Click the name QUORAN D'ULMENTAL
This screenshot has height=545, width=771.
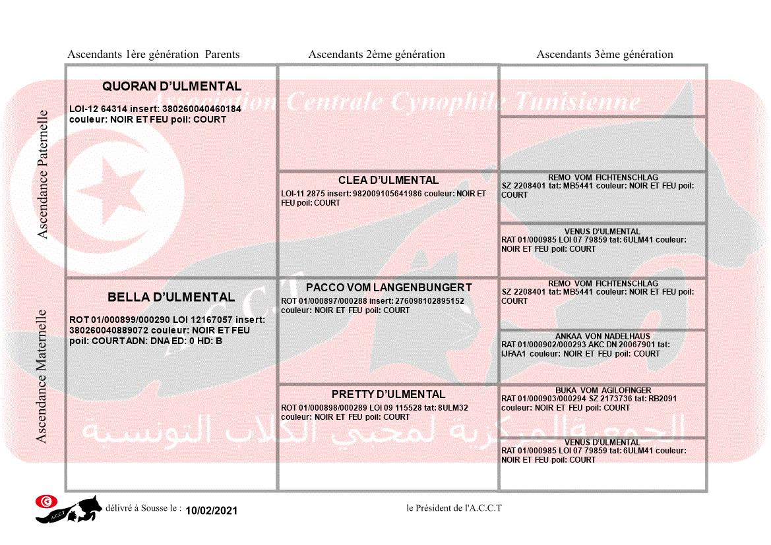pyautogui.click(x=171, y=86)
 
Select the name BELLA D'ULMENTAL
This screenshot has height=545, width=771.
pyautogui.click(x=171, y=297)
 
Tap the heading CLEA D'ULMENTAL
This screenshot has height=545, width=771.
pyautogui.click(x=388, y=180)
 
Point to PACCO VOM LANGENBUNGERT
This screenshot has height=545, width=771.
pyautogui.click(x=388, y=287)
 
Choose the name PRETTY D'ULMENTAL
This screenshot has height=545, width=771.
pyautogui.click(x=388, y=394)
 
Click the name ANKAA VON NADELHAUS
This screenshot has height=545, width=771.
pyautogui.click(x=603, y=336)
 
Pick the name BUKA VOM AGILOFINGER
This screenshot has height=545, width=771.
pyautogui.click(x=603, y=390)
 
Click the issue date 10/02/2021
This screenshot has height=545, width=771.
pyautogui.click(x=211, y=511)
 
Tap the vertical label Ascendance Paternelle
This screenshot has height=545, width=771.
pyautogui.click(x=43, y=174)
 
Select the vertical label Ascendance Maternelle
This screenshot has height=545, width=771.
pyautogui.click(x=42, y=376)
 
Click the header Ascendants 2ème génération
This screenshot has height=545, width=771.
pyautogui.click(x=377, y=55)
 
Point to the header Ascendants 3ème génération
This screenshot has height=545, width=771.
pyautogui.click(x=605, y=55)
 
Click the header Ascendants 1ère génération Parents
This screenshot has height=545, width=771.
pyautogui.click(x=154, y=55)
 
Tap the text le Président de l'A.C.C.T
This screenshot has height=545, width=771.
pyautogui.click(x=454, y=508)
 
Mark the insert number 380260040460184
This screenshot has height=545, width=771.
pyautogui.click(x=202, y=109)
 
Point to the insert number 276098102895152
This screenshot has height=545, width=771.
pyautogui.click(x=429, y=301)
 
